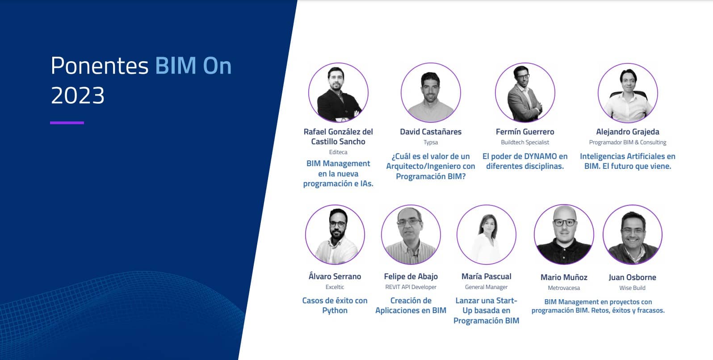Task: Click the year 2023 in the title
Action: pos(78,96)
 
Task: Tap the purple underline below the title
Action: pos(67,123)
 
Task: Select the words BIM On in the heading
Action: pos(193,66)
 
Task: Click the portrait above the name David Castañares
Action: pos(431,92)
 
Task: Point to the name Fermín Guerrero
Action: pos(525,132)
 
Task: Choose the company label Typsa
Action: pos(431,142)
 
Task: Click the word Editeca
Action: pos(338,152)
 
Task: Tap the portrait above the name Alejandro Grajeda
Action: pos(628,92)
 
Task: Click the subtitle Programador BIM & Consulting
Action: pos(628,142)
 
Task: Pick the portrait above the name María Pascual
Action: pos(487,234)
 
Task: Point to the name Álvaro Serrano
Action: pos(335,276)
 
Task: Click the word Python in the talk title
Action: pos(335,311)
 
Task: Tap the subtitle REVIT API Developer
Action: pos(411,287)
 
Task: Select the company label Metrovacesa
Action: pos(564,288)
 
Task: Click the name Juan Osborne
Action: pos(632,277)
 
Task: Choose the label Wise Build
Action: pos(632,288)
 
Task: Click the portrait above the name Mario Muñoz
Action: pos(564,234)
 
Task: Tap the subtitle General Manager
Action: pos(487,287)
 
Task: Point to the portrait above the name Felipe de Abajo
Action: pos(411,234)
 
